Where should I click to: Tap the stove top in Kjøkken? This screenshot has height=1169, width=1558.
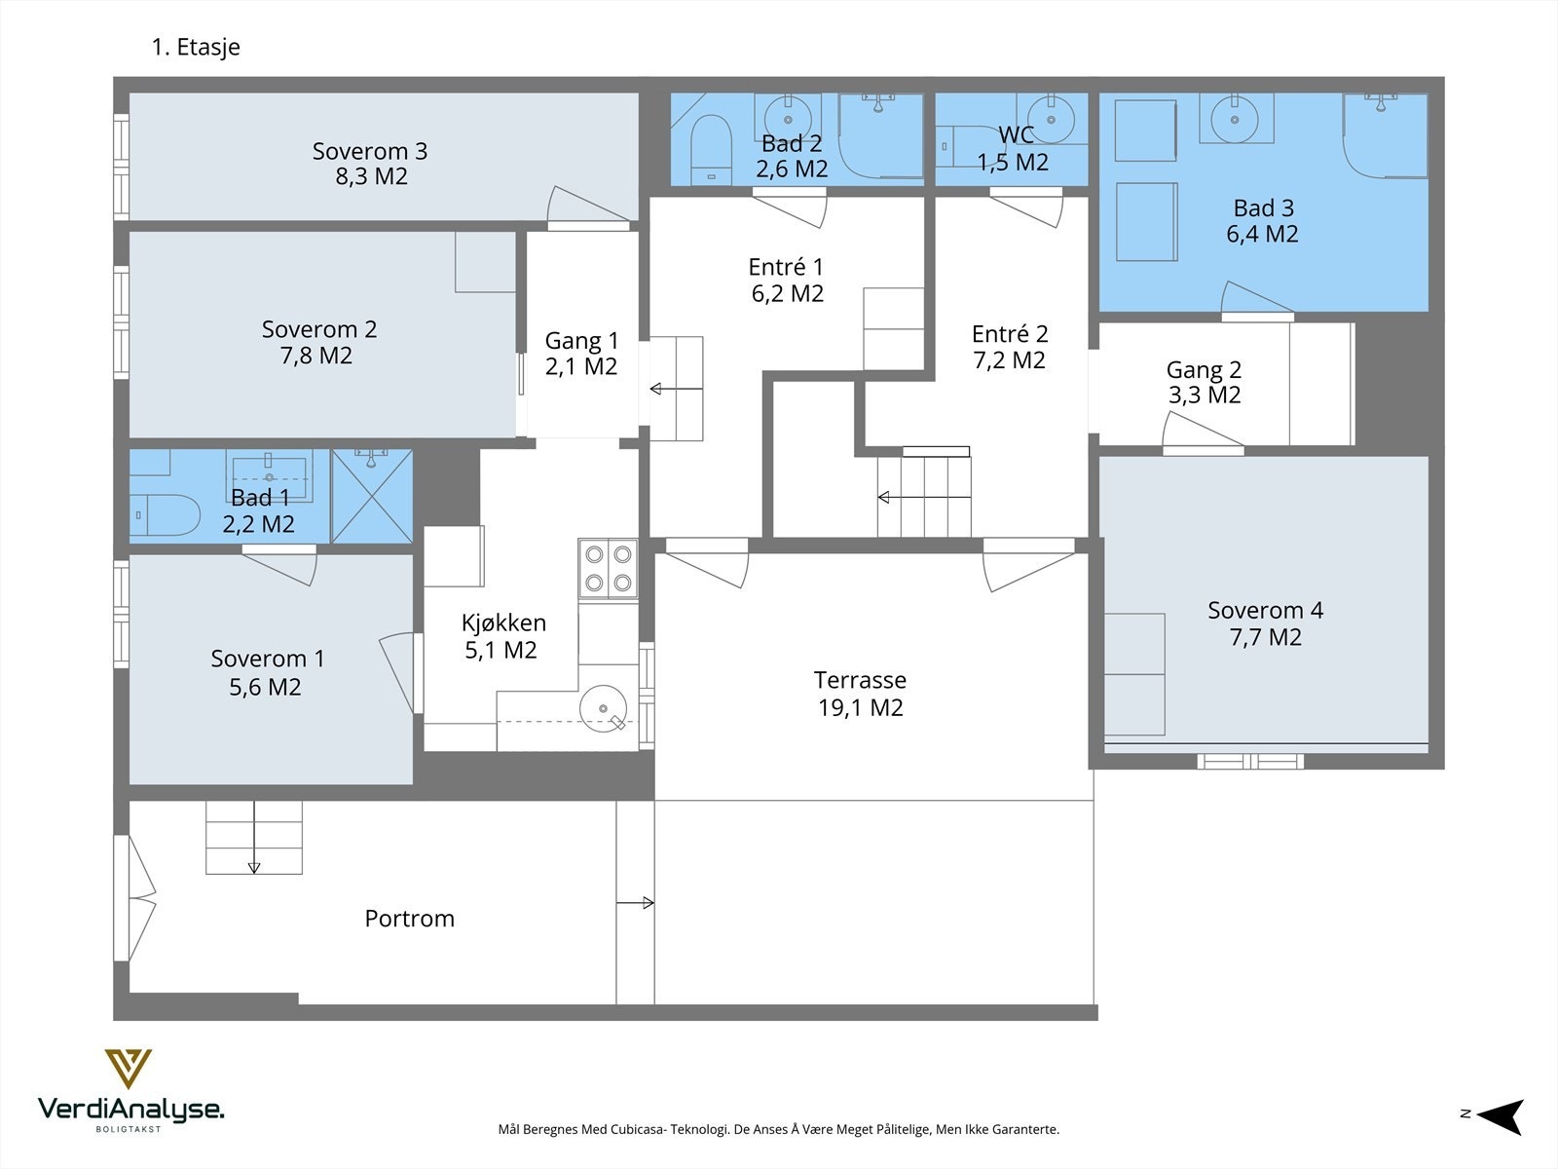click(609, 569)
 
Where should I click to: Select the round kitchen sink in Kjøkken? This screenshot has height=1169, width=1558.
click(604, 707)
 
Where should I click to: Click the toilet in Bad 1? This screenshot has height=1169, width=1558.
click(165, 514)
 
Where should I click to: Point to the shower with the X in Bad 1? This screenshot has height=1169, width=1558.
click(372, 496)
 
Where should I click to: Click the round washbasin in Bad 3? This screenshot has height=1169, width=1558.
click(1235, 119)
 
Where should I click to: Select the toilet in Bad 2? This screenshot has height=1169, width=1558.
click(711, 150)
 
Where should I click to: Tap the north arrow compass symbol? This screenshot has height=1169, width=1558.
click(1502, 1116)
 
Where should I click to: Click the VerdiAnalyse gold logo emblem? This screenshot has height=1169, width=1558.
click(129, 1069)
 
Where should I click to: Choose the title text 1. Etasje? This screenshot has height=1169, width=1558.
click(196, 47)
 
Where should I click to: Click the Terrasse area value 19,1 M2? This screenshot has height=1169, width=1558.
click(860, 707)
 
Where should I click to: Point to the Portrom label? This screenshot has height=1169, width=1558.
click(410, 919)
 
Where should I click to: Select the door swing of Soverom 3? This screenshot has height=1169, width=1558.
click(588, 206)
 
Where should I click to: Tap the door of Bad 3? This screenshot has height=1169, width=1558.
click(1256, 299)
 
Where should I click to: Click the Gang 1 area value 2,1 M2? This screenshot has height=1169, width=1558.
click(581, 366)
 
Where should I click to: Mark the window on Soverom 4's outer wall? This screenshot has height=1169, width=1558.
click(1250, 762)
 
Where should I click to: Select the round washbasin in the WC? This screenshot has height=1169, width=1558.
click(1052, 119)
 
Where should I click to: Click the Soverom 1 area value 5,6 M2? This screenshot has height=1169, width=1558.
click(265, 687)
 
